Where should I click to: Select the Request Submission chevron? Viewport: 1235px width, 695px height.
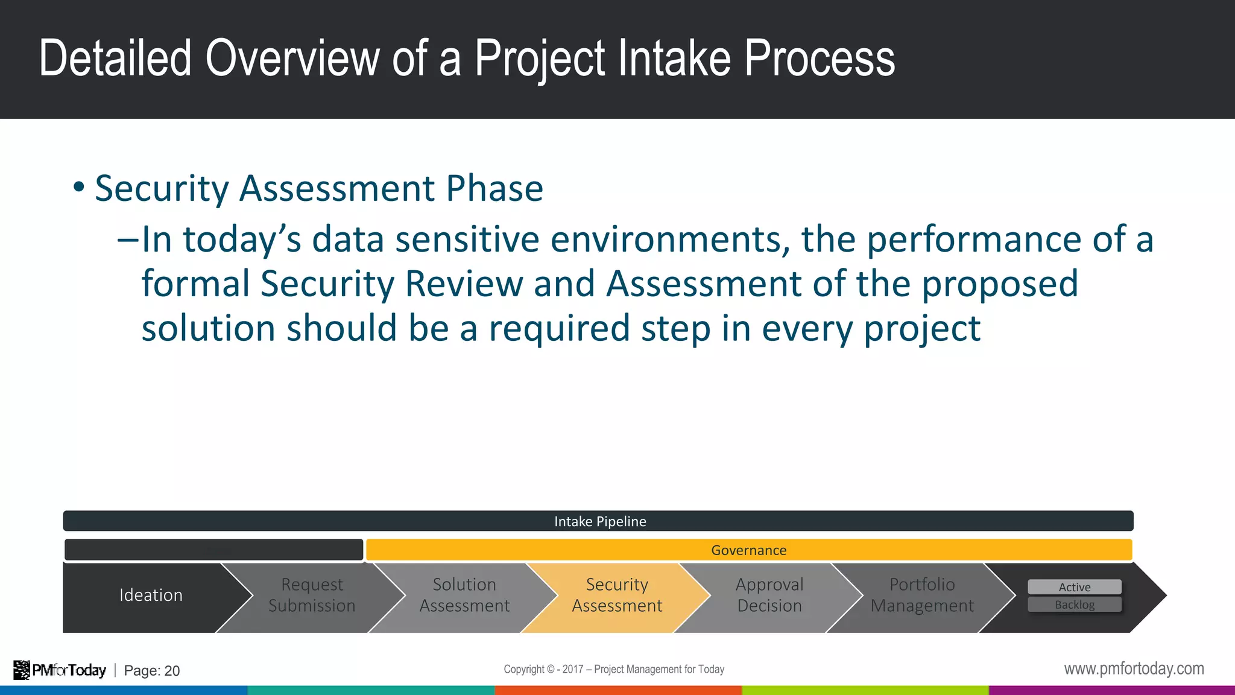pos(312,595)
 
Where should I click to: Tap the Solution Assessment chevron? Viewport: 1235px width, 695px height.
pos(464,595)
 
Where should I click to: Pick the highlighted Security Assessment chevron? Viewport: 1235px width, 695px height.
pos(617,595)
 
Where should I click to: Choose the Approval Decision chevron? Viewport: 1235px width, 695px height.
pos(769,595)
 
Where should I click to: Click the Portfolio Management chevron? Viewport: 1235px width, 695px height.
pos(922,595)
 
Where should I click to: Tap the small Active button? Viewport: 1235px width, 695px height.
pos(1074,587)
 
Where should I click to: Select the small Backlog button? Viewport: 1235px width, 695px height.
pos(1074,605)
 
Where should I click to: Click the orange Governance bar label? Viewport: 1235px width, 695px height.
pos(748,550)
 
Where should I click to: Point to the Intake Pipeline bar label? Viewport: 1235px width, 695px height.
pos(600,521)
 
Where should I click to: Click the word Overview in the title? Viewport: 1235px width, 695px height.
pos(292,59)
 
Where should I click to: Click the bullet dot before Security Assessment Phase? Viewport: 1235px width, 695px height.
pos(78,187)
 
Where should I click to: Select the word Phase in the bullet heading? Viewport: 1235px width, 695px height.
pos(494,189)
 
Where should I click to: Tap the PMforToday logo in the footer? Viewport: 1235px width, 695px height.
pos(60,670)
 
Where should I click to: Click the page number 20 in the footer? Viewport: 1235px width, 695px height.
pos(172,671)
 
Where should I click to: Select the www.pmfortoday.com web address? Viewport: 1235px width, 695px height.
pos(1134,669)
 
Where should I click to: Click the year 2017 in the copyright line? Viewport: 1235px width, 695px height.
pos(572,669)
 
